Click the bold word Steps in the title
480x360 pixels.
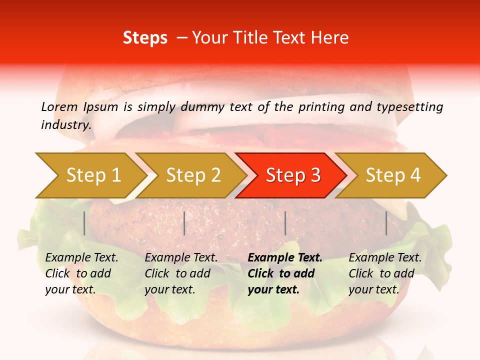[145, 38]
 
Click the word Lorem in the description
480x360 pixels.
[59, 106]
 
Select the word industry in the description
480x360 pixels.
[65, 124]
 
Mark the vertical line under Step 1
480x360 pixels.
[84, 223]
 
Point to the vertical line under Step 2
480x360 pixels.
[184, 223]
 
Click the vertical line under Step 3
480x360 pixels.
[285, 223]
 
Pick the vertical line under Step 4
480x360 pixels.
[386, 223]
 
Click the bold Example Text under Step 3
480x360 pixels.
[285, 258]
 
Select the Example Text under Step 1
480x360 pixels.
[81, 258]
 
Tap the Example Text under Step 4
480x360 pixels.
[385, 258]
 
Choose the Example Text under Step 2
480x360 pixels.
[181, 258]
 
